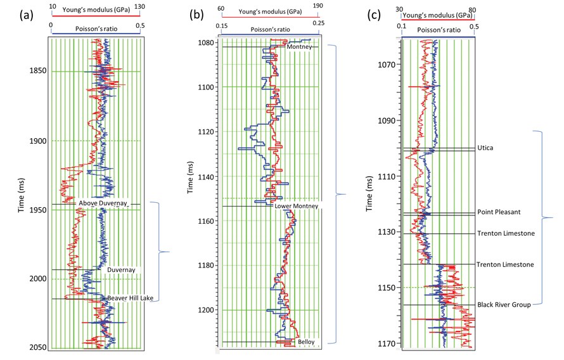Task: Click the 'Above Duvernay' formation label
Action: coord(103,203)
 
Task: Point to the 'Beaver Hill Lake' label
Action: coord(132,298)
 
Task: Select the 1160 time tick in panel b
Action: coord(205,221)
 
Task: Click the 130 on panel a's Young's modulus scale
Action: coord(134,7)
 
